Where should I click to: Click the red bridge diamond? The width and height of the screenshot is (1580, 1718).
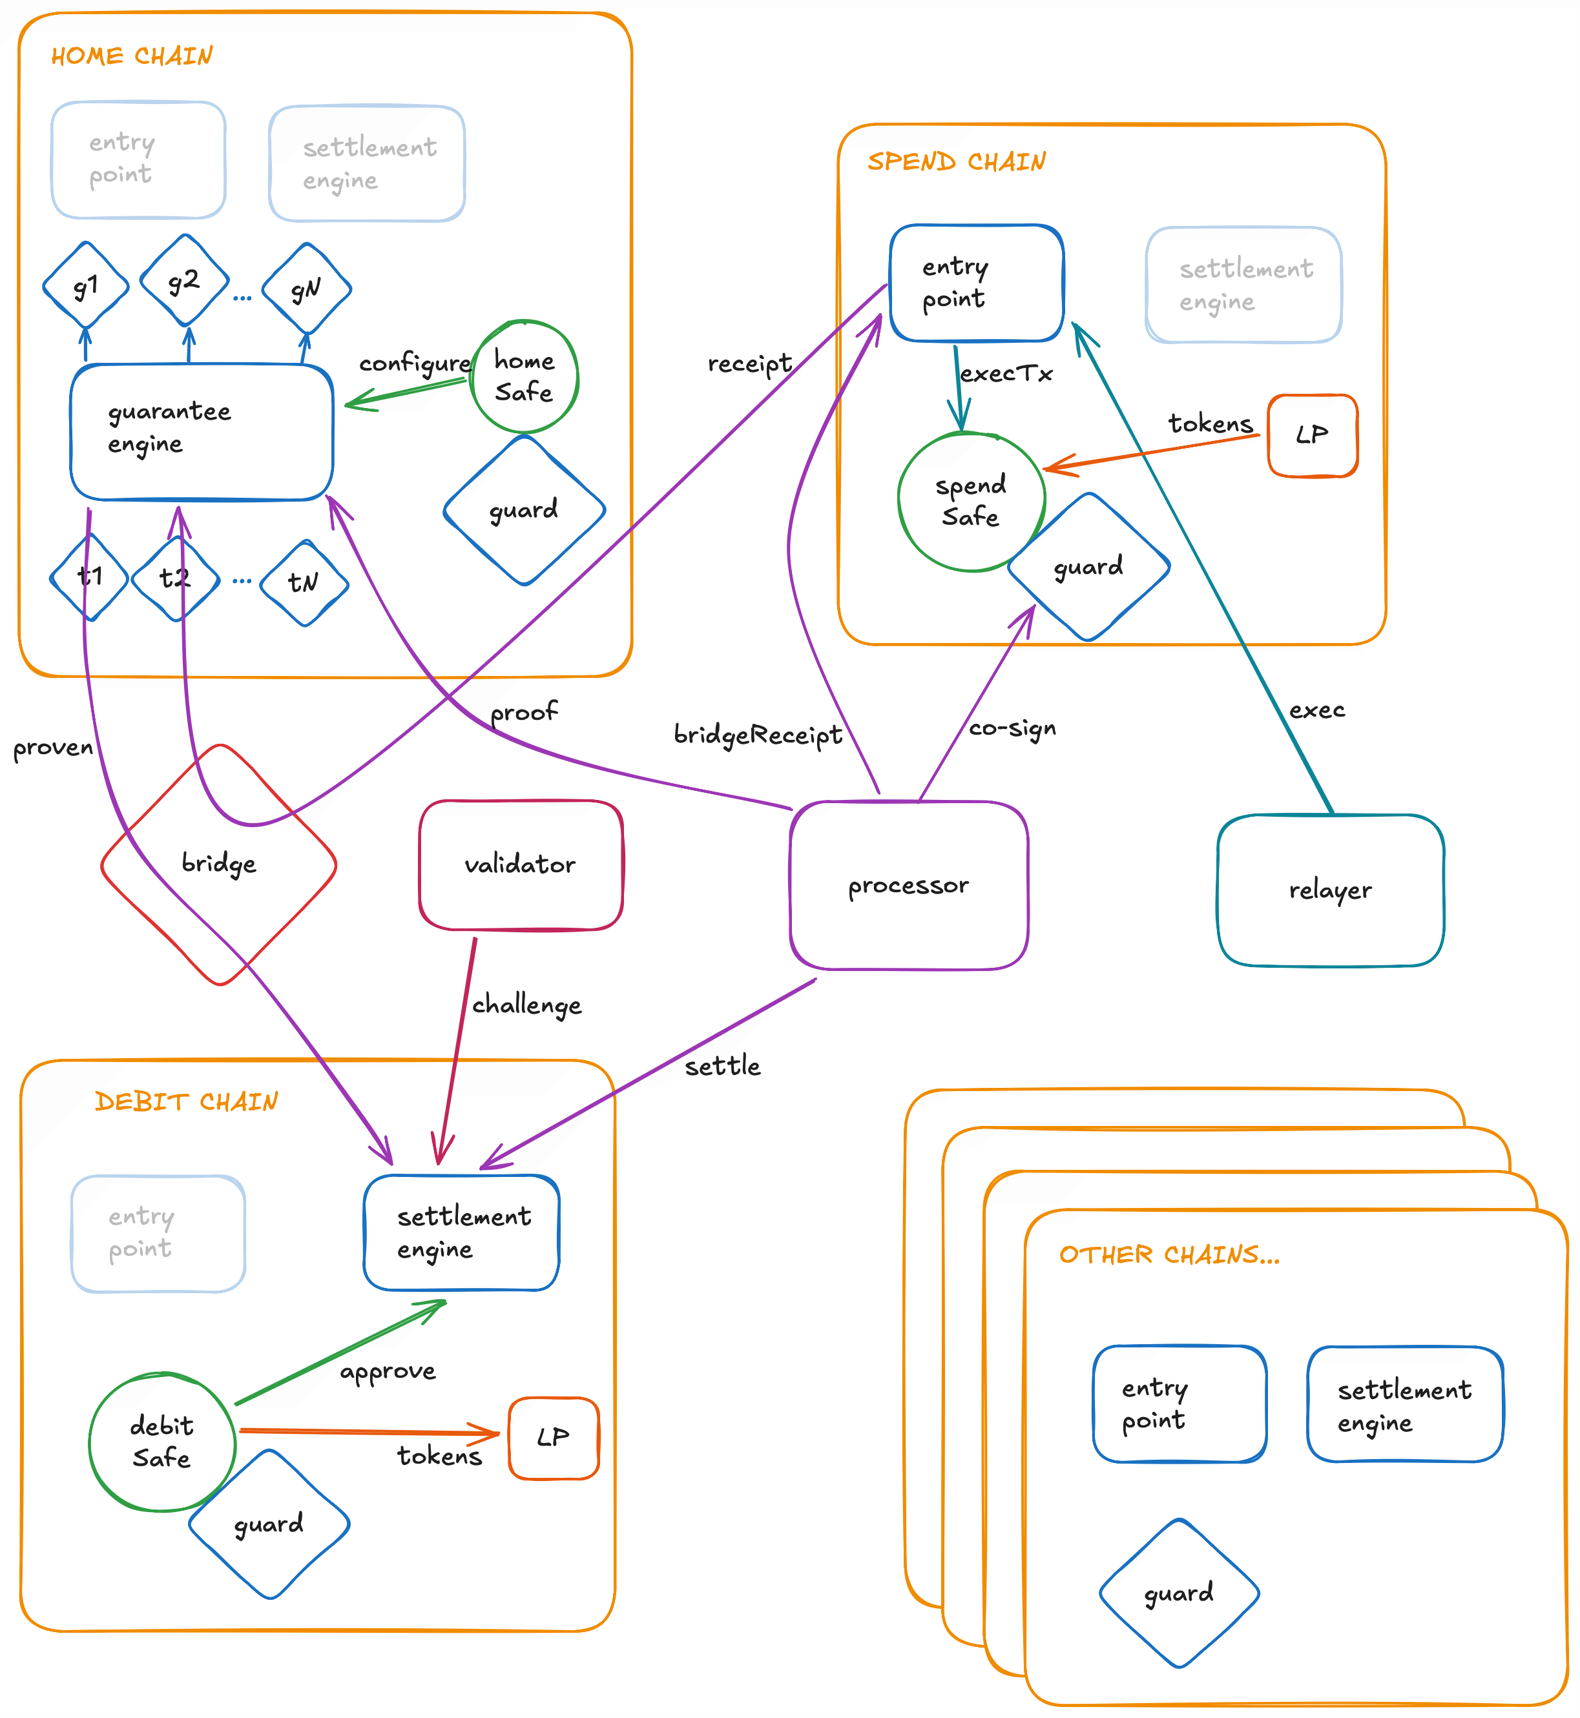pos(219,863)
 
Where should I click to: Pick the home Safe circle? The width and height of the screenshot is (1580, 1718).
pos(524,376)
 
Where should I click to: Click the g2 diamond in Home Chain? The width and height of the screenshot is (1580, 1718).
pos(184,280)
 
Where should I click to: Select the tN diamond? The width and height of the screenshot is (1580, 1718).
pos(304,583)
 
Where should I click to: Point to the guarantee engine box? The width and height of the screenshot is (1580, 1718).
pos(201,431)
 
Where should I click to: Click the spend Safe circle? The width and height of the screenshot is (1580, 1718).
pos(970,501)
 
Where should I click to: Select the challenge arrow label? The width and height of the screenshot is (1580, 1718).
pos(526,1005)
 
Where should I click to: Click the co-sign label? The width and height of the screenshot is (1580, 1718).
pos(1012,728)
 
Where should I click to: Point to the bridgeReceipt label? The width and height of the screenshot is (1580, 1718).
pos(758,734)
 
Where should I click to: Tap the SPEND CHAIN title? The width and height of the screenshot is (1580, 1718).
pos(956,161)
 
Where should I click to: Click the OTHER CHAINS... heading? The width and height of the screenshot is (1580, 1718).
pos(1169,1254)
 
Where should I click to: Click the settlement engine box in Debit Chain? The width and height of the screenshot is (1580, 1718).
pos(462,1232)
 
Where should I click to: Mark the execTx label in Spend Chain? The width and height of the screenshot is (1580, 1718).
pos(1006,374)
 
